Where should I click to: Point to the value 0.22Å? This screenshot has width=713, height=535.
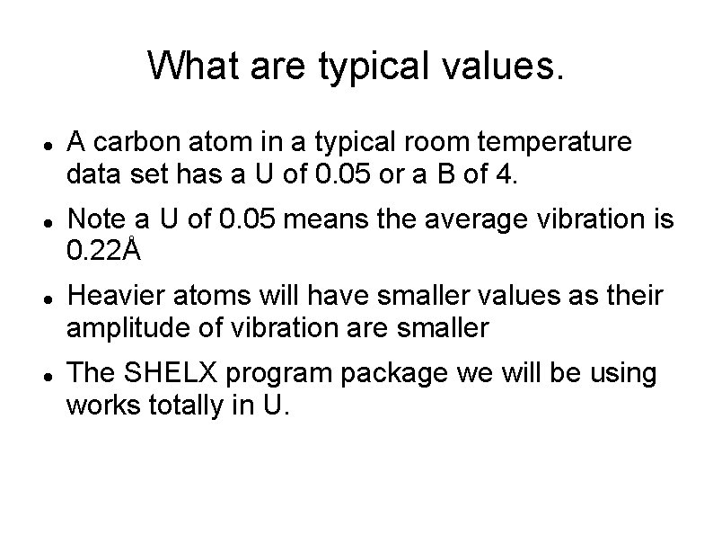click(x=104, y=252)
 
